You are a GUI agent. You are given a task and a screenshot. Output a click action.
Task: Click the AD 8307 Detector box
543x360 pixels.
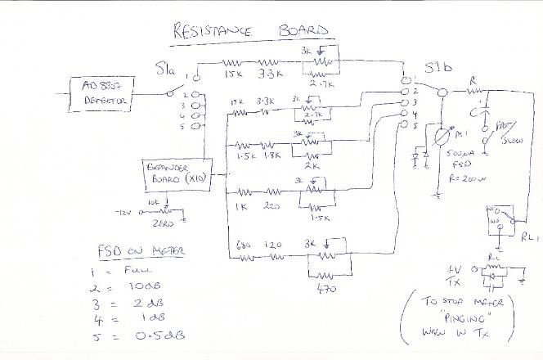[x=97, y=91]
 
